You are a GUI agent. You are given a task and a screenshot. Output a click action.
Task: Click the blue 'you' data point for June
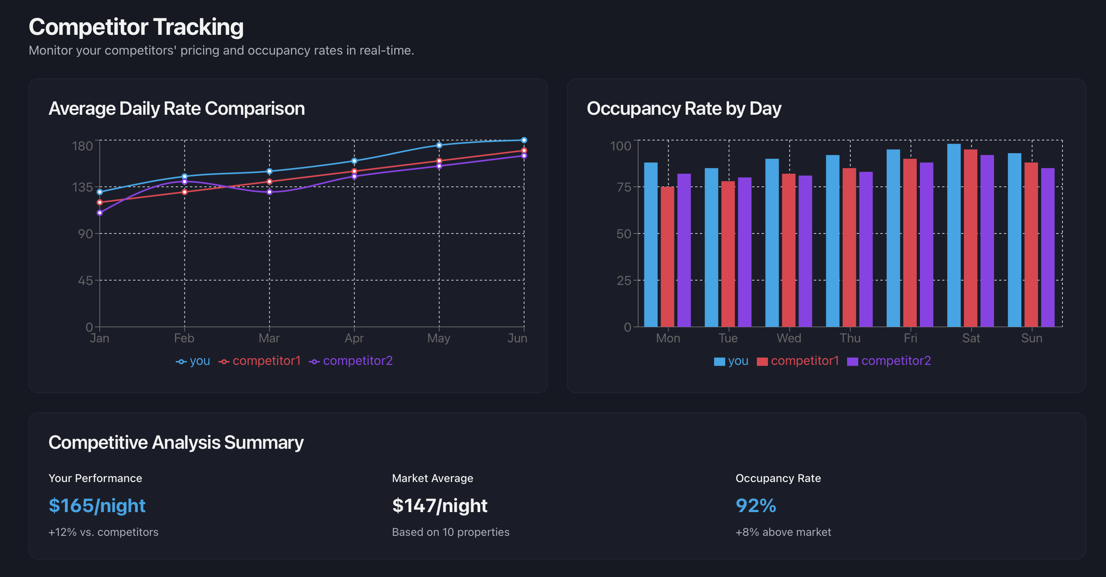pos(524,140)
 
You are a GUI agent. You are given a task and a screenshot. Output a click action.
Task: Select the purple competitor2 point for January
pos(100,213)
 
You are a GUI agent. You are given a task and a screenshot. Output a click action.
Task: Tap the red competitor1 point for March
pos(269,182)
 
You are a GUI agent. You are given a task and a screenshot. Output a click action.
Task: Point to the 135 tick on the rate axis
pos(82,187)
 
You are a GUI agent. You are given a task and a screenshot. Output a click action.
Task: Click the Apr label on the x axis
pos(354,338)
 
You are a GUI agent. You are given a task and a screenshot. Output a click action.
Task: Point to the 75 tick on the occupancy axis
pos(624,187)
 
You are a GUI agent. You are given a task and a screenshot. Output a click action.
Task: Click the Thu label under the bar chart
pos(849,338)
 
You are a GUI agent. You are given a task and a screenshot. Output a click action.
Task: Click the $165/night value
pos(97,506)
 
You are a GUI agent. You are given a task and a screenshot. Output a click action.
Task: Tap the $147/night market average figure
pos(440,506)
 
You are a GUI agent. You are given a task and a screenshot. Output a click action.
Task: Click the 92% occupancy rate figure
pos(756,506)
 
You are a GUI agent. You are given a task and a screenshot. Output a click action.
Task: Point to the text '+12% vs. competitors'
pos(103,532)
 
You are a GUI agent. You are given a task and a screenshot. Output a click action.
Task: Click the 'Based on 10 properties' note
pos(450,532)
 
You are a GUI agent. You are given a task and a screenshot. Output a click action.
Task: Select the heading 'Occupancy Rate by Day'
pos(684,108)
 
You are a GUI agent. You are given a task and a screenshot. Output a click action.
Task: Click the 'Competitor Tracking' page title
pos(136,27)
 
